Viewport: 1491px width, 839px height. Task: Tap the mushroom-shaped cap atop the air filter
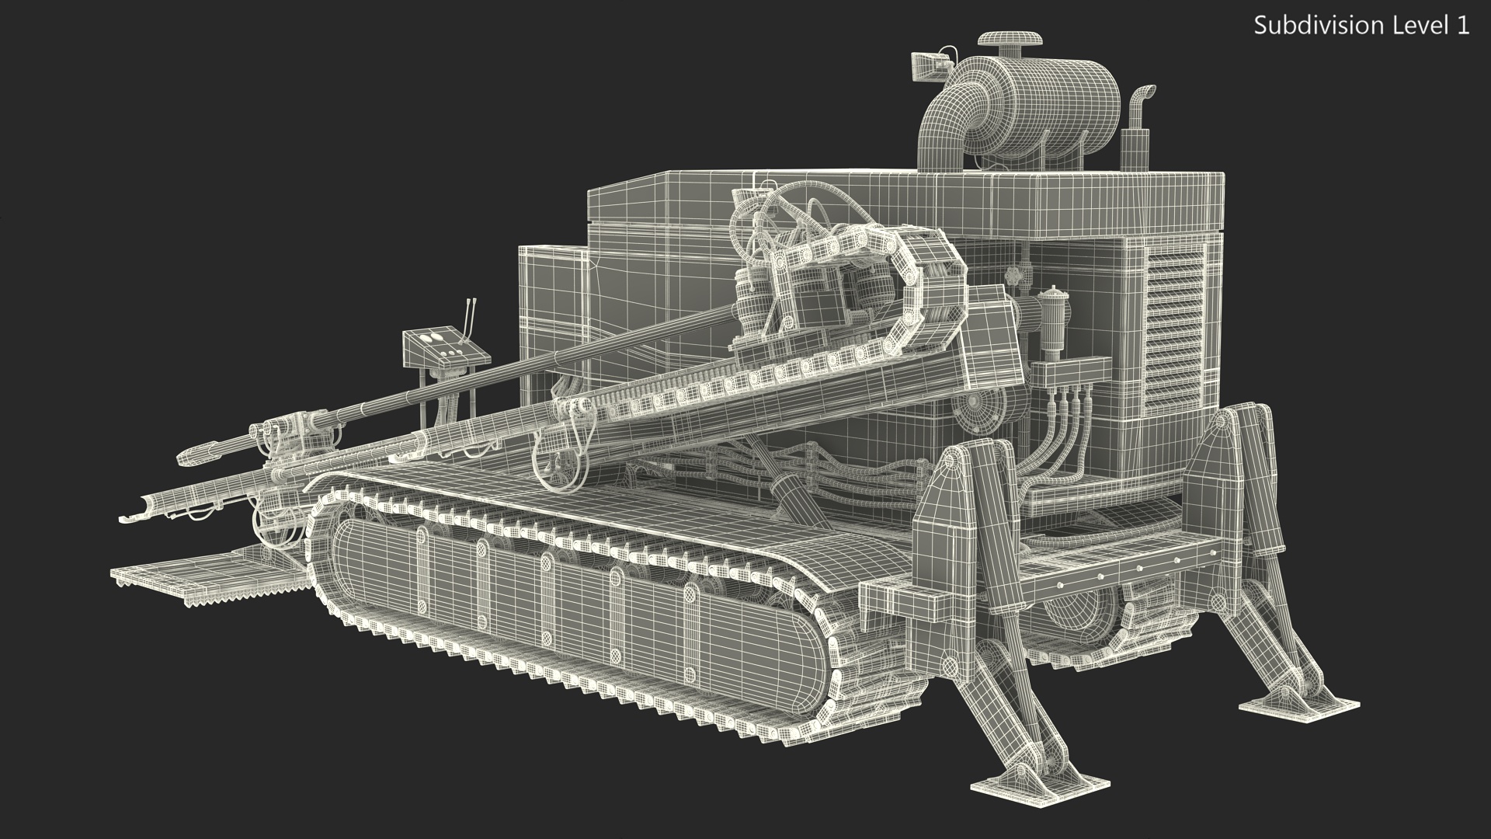(x=1009, y=41)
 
